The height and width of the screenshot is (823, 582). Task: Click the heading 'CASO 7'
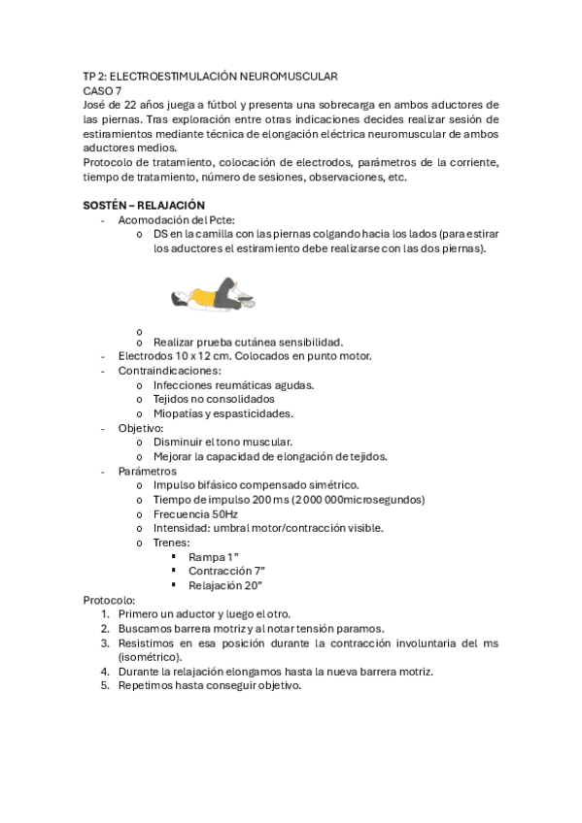102,90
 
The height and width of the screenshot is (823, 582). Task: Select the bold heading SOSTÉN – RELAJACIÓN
144,205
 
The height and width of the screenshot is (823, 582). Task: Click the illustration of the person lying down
214,294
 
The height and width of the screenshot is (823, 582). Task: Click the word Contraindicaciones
169,371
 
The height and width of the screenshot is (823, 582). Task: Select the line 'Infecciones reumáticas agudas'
233,385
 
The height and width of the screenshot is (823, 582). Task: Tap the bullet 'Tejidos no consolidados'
214,399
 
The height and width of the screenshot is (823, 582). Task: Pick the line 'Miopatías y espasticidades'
223,413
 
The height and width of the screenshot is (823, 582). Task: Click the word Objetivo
141,428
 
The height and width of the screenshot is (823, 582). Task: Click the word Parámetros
148,471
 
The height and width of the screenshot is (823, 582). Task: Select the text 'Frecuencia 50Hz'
195,514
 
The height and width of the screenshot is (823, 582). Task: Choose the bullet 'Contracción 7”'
224,572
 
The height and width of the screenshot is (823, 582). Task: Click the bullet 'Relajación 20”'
224,586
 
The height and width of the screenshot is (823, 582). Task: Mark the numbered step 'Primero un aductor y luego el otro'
204,614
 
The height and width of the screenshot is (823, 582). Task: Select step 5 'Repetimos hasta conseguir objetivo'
209,686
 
